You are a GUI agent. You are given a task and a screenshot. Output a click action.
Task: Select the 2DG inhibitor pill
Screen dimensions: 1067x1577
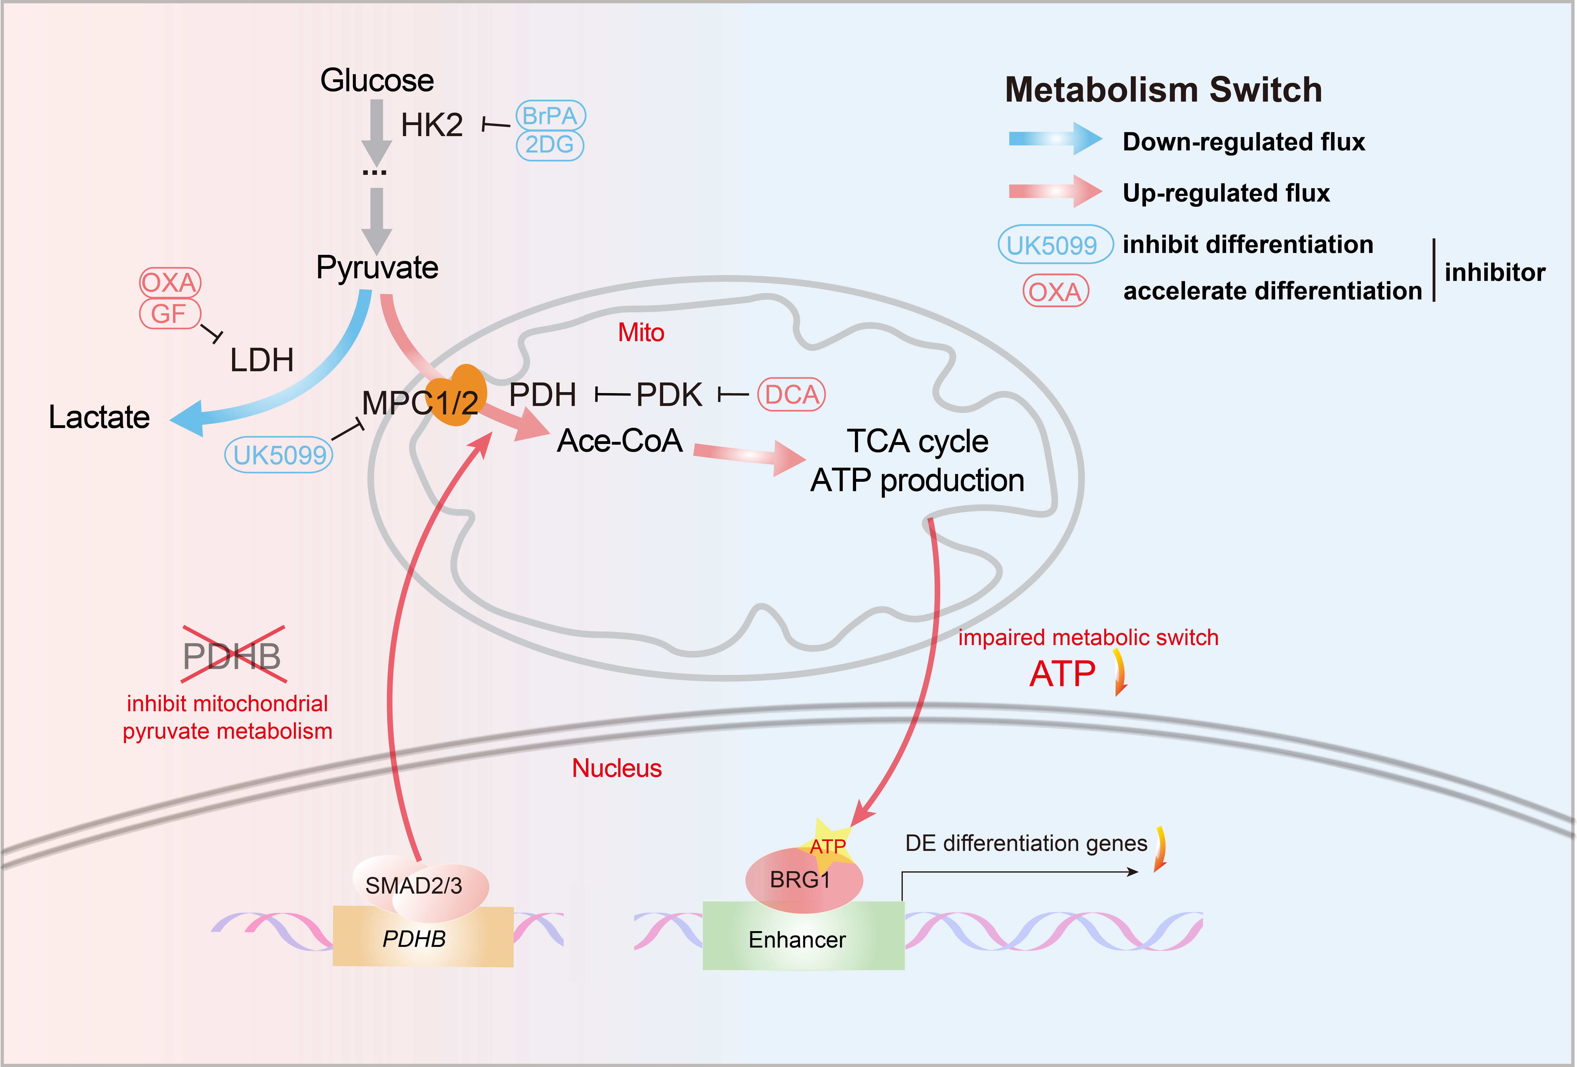point(550,145)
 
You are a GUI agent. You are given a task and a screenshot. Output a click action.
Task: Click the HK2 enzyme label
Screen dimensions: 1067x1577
point(432,126)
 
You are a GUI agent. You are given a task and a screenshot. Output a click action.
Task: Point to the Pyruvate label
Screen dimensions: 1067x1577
point(377,267)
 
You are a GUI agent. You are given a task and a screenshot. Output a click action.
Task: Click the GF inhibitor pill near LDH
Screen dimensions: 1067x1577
point(169,314)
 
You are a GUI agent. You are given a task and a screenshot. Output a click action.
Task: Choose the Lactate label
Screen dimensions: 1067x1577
point(99,417)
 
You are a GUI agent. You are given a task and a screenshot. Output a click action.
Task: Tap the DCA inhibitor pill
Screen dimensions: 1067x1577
point(791,395)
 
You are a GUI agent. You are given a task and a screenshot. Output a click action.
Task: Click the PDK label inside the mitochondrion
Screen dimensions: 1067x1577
point(669,395)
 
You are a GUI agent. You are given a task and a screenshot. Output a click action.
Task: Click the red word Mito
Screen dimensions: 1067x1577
point(641,333)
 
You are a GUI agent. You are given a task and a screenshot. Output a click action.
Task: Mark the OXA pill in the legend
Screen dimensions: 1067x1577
point(1055,292)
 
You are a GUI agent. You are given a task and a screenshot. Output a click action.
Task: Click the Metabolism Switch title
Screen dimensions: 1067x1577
point(1163,90)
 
